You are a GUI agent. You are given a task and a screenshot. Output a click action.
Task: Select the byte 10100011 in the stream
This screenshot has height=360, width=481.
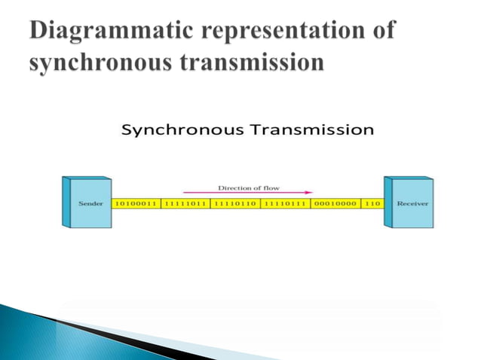point(136,204)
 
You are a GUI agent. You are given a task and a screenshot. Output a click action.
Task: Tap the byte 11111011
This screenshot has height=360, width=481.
point(185,204)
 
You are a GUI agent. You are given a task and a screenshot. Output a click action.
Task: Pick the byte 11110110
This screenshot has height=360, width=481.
point(234,204)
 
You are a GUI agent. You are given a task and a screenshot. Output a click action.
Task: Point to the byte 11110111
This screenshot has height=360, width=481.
point(284,204)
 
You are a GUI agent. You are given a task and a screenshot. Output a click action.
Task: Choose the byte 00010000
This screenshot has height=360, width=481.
point(334,204)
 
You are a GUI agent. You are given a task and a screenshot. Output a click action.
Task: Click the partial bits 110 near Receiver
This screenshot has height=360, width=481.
point(372,204)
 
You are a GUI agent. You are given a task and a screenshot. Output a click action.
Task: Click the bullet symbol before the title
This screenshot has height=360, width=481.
point(17,32)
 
